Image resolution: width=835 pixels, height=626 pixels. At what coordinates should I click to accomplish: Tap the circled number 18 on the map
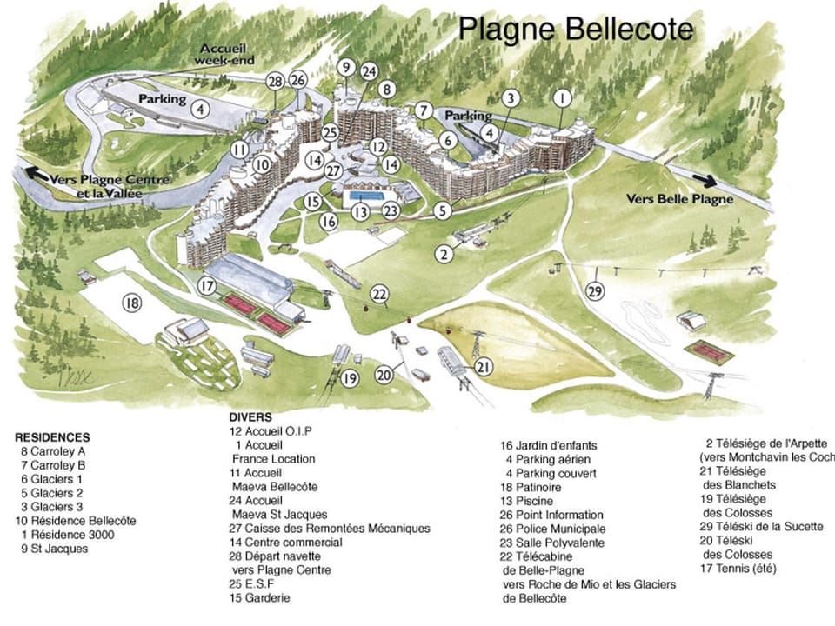tap(131, 303)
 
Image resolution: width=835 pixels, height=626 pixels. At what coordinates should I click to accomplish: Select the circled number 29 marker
tap(595, 291)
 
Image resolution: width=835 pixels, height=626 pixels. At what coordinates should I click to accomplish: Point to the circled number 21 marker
tap(484, 367)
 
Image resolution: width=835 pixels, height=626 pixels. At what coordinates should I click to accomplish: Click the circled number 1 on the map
tap(563, 97)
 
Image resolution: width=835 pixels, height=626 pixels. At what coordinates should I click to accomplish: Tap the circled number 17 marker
tap(206, 285)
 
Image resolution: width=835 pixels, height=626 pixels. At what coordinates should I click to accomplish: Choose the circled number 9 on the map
tap(345, 67)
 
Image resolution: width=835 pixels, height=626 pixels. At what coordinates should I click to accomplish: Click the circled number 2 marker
tap(444, 254)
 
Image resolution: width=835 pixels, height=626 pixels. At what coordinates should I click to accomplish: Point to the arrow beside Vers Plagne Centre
tap(37, 173)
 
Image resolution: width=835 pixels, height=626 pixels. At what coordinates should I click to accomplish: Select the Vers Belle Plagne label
tap(679, 199)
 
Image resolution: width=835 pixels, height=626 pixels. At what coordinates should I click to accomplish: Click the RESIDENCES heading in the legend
tap(52, 437)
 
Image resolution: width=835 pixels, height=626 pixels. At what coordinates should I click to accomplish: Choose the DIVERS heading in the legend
tap(250, 417)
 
